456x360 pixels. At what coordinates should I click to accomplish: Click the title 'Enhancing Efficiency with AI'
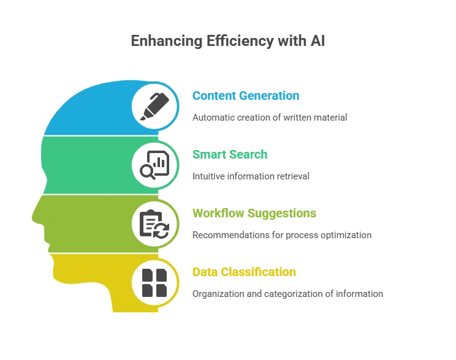coord(228,42)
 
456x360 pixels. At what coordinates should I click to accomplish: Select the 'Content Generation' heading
coord(246,96)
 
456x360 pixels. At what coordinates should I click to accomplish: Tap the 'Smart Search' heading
coord(230,154)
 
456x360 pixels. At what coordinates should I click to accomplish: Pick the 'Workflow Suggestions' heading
coord(254,213)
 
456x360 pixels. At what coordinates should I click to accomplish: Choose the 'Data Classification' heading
coord(244,272)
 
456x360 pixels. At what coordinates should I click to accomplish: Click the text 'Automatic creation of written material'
coord(270,117)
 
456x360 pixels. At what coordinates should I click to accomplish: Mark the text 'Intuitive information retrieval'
coord(251,176)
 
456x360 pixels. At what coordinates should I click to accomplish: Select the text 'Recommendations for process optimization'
coord(282,234)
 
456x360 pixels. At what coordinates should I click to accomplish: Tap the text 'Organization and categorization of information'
coord(287,293)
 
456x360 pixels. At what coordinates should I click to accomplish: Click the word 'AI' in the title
coord(317,42)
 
